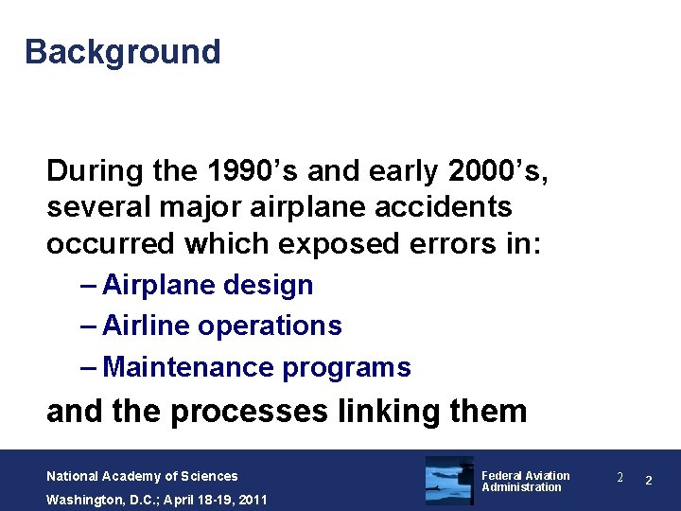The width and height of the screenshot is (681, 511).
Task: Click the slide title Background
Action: [122, 51]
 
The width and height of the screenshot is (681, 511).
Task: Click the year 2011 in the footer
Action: [253, 500]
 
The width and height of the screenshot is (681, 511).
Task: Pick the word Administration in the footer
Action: [521, 487]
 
